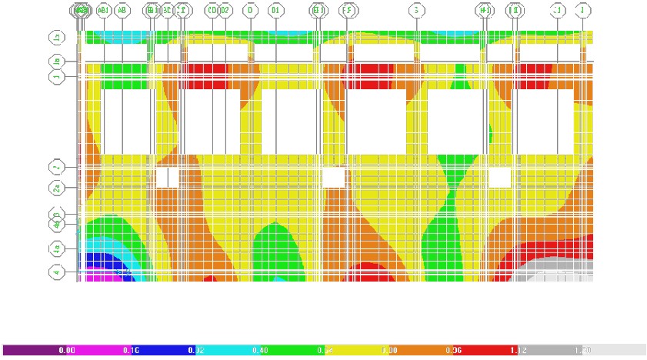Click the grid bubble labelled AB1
click(x=104, y=11)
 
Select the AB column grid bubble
click(x=122, y=11)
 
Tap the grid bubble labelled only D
click(x=251, y=11)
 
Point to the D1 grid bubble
click(x=275, y=11)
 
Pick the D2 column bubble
click(x=225, y=11)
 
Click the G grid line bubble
click(x=416, y=11)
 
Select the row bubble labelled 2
click(x=56, y=167)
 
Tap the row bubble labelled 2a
click(x=56, y=188)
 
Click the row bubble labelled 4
click(x=56, y=272)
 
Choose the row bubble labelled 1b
click(x=56, y=62)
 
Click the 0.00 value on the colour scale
click(x=67, y=350)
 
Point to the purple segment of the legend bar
click(x=31, y=350)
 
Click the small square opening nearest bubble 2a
click(x=167, y=178)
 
